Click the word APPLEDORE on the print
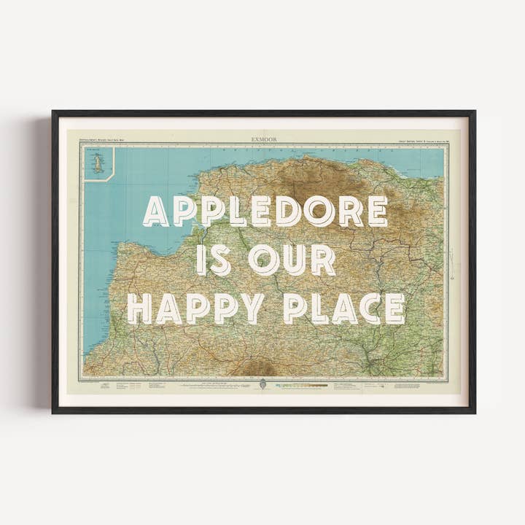pyautogui.click(x=265, y=211)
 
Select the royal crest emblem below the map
pyautogui.click(x=262, y=384)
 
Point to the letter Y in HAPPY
pyautogui.click(x=253, y=308)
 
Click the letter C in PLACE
pyautogui.click(x=368, y=308)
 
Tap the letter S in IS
pyautogui.click(x=222, y=260)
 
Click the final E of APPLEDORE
pyautogui.click(x=377, y=211)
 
